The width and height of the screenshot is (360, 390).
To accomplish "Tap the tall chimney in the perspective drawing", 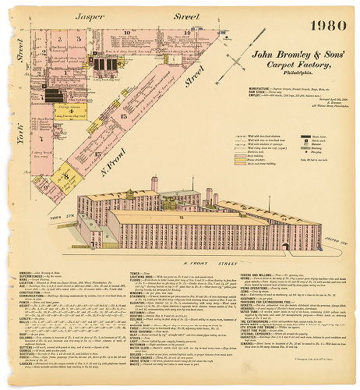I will tap(154, 185).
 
